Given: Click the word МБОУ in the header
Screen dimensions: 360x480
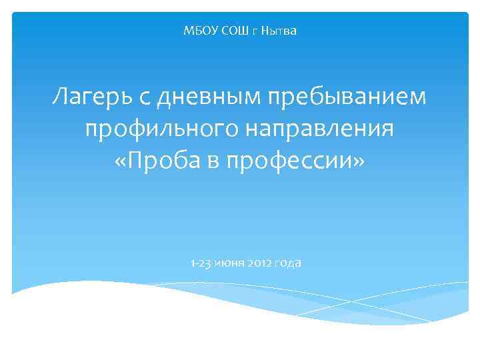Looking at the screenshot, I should click(x=197, y=31).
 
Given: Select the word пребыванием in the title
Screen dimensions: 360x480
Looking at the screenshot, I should click(x=347, y=98).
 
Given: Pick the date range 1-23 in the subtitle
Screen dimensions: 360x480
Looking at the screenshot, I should click(x=200, y=263).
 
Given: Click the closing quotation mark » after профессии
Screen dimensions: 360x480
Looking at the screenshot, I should click(x=360, y=161).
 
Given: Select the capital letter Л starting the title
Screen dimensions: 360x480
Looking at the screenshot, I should click(x=61, y=98).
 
